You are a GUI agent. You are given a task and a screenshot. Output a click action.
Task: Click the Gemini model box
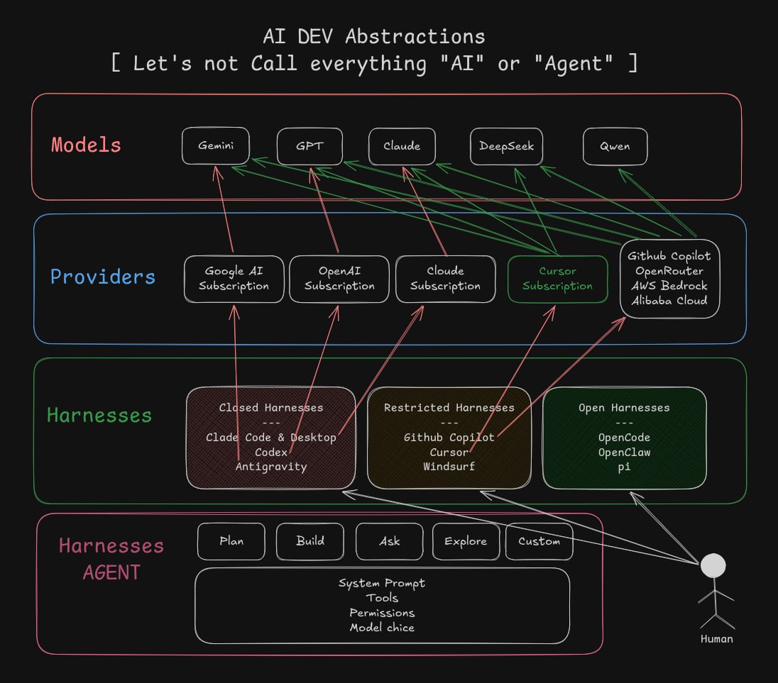coord(215,145)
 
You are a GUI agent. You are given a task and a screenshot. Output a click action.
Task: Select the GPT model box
coord(309,146)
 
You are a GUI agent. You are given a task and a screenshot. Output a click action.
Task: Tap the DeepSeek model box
coord(506,146)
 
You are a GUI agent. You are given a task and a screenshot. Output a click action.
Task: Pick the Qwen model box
coord(615,146)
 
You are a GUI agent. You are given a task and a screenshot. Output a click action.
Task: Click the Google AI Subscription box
coord(234,279)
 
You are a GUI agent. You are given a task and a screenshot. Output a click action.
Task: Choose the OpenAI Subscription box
coord(339,279)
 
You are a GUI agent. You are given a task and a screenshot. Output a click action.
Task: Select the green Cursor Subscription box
coord(558,279)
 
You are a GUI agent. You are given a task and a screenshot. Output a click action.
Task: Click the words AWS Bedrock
coord(669,286)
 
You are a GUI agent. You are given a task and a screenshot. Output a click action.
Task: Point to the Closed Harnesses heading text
coord(271,407)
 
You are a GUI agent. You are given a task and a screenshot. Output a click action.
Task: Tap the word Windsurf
coord(449,467)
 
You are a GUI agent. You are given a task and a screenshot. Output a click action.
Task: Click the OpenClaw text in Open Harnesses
coord(624,452)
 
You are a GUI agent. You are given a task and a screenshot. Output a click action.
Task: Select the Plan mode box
coord(231,541)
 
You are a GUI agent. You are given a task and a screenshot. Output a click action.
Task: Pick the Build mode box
coord(310,541)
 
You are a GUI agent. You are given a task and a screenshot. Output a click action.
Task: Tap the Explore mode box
coord(466,541)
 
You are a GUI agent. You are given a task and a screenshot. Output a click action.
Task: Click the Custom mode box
coord(539,541)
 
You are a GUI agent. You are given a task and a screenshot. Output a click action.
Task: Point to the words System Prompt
coord(382,584)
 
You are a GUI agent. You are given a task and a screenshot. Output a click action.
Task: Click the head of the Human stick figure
coord(713,565)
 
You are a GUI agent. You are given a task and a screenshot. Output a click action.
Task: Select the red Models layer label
coord(87,145)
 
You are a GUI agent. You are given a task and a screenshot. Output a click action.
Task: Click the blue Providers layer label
coord(103,277)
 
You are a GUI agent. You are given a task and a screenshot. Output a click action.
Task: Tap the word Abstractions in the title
coord(415,37)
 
